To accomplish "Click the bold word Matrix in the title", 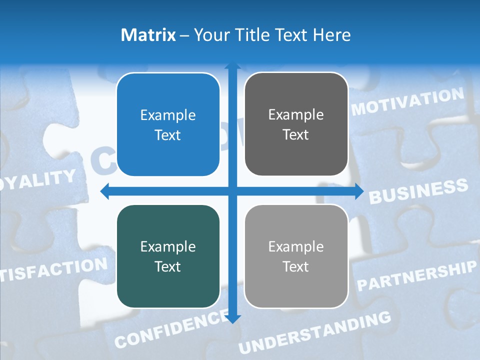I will point(148,35).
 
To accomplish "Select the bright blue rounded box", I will point(168,124).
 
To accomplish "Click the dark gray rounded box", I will point(296,124).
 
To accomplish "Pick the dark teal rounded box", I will point(168,256).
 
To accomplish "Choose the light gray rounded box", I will point(296,256).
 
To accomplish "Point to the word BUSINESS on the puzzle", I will point(418,191).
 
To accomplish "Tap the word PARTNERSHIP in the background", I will point(416,276).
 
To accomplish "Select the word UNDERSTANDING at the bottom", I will point(315,333).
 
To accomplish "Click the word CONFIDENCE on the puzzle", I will point(170,329).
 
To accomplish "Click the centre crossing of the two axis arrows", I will point(232,191).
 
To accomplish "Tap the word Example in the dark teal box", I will point(168,246).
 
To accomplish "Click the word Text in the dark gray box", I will point(296,134).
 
